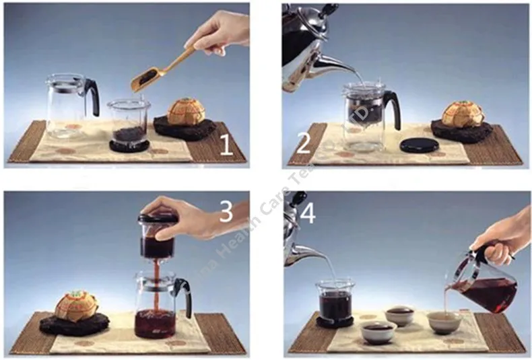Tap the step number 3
[x=226, y=211]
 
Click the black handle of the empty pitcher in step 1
[x=92, y=97]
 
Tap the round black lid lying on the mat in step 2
[x=419, y=145]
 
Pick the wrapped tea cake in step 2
[x=463, y=114]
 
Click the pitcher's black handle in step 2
[x=392, y=108]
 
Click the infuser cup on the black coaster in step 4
[x=334, y=301]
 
